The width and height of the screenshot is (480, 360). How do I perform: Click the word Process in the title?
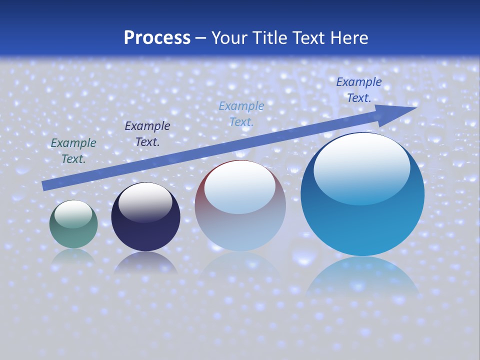pyautogui.click(x=157, y=38)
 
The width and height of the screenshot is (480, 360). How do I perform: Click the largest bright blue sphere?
pyautogui.click(x=362, y=225)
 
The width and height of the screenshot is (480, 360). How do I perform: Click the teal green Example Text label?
pyautogui.click(x=73, y=151)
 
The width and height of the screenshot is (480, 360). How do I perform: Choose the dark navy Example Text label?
pyautogui.click(x=147, y=134)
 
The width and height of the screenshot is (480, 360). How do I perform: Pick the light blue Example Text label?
pyautogui.click(x=241, y=114)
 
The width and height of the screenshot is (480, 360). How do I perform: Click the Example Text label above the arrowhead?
pyautogui.click(x=359, y=90)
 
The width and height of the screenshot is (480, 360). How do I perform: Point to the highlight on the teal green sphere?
pyautogui.click(x=73, y=214)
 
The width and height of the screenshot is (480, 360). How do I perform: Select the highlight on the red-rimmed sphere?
pyautogui.click(x=240, y=187)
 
